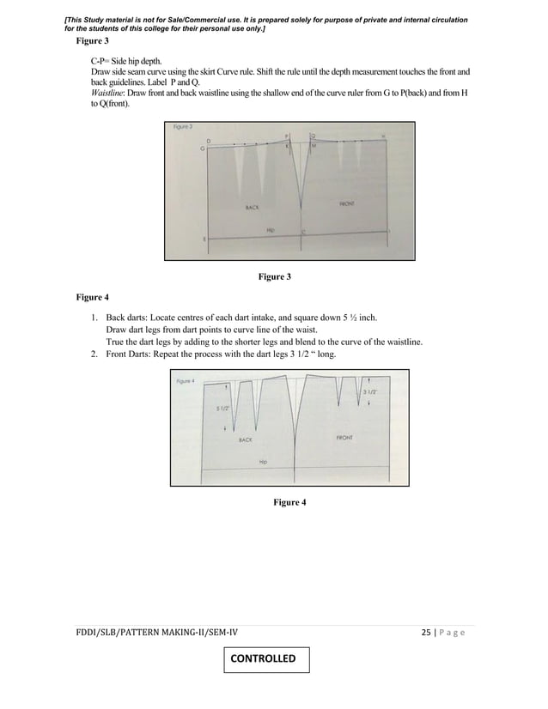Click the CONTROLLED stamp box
point(265,659)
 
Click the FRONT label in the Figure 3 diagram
point(347,203)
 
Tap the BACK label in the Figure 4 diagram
point(246,439)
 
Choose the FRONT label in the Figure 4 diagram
point(344,437)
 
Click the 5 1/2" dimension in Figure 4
point(222,408)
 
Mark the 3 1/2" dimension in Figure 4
point(370,391)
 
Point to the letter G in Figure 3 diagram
point(202,148)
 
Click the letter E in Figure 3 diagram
point(204,239)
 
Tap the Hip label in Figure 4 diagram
point(263,461)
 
